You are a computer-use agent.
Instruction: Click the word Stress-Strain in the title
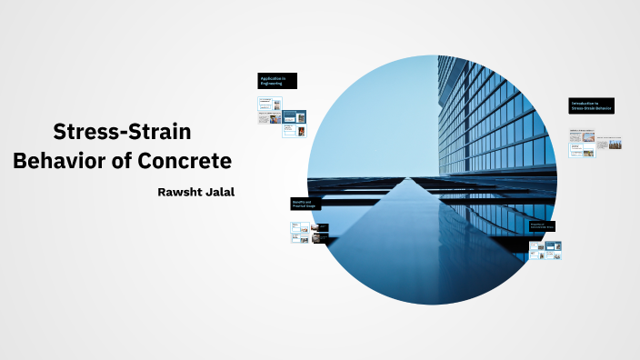pyautogui.click(x=122, y=132)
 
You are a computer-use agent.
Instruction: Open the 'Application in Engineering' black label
pyautogui.click(x=277, y=81)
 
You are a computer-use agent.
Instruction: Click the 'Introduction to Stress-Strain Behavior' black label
pyautogui.click(x=591, y=106)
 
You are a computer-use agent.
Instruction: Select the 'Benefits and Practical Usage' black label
pyautogui.click(x=306, y=204)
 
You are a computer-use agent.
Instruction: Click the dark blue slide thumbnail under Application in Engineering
pyautogui.click(x=295, y=116)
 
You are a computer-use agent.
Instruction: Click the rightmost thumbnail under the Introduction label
pyautogui.click(x=616, y=144)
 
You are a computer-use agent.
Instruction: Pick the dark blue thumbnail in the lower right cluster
pyautogui.click(x=554, y=245)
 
